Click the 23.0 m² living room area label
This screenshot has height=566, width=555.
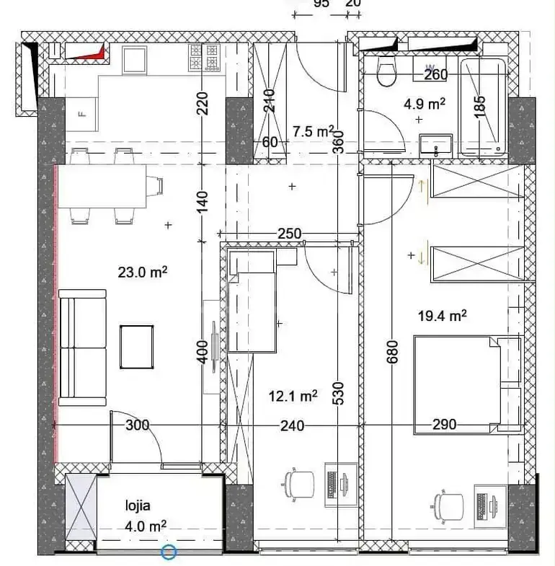[x=143, y=272]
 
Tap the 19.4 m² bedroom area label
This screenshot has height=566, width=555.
[x=442, y=316]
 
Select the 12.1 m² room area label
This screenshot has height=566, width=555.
[x=293, y=397]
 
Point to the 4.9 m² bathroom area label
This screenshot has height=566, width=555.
[x=425, y=105]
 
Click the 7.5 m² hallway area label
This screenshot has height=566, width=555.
[x=314, y=131]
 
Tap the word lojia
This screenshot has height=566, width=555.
[x=138, y=505]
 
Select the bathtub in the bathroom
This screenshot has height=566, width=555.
[x=482, y=107]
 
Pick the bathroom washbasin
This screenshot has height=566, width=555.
[x=435, y=146]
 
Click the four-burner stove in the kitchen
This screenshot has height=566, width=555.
[x=204, y=57]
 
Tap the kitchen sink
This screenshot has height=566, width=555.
[x=135, y=60]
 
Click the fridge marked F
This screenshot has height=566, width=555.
[x=81, y=115]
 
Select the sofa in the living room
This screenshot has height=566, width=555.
[x=82, y=348]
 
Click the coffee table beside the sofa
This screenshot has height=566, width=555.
[x=137, y=347]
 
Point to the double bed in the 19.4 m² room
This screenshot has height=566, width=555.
[x=468, y=385]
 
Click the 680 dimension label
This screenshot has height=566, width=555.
[x=392, y=352]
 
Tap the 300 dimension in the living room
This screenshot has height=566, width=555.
[x=137, y=425]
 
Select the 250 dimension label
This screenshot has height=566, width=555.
[x=290, y=234]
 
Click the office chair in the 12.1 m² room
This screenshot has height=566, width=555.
[x=298, y=484]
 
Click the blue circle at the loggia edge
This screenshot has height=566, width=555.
[x=169, y=552]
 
